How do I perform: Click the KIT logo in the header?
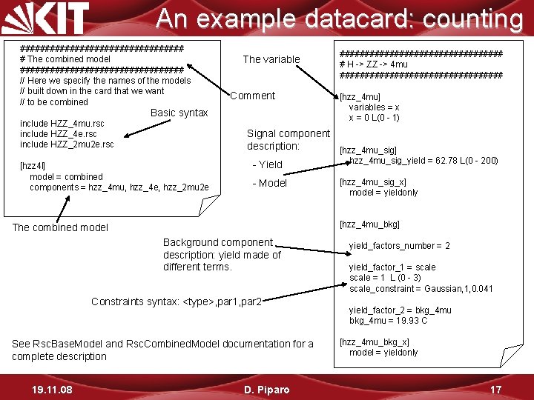46,18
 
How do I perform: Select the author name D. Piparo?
266,389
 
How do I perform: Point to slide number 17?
496,389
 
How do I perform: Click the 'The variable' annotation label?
271,59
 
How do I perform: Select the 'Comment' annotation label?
252,96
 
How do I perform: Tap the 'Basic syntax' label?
179,113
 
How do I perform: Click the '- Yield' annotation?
267,164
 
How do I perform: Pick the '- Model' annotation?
269,183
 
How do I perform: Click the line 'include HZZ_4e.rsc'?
58,133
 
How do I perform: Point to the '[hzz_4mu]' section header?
360,96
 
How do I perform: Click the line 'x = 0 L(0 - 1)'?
375,118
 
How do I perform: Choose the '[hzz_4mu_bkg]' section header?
369,224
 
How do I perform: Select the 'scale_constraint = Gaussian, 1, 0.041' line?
421,289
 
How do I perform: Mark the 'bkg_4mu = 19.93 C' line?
389,321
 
